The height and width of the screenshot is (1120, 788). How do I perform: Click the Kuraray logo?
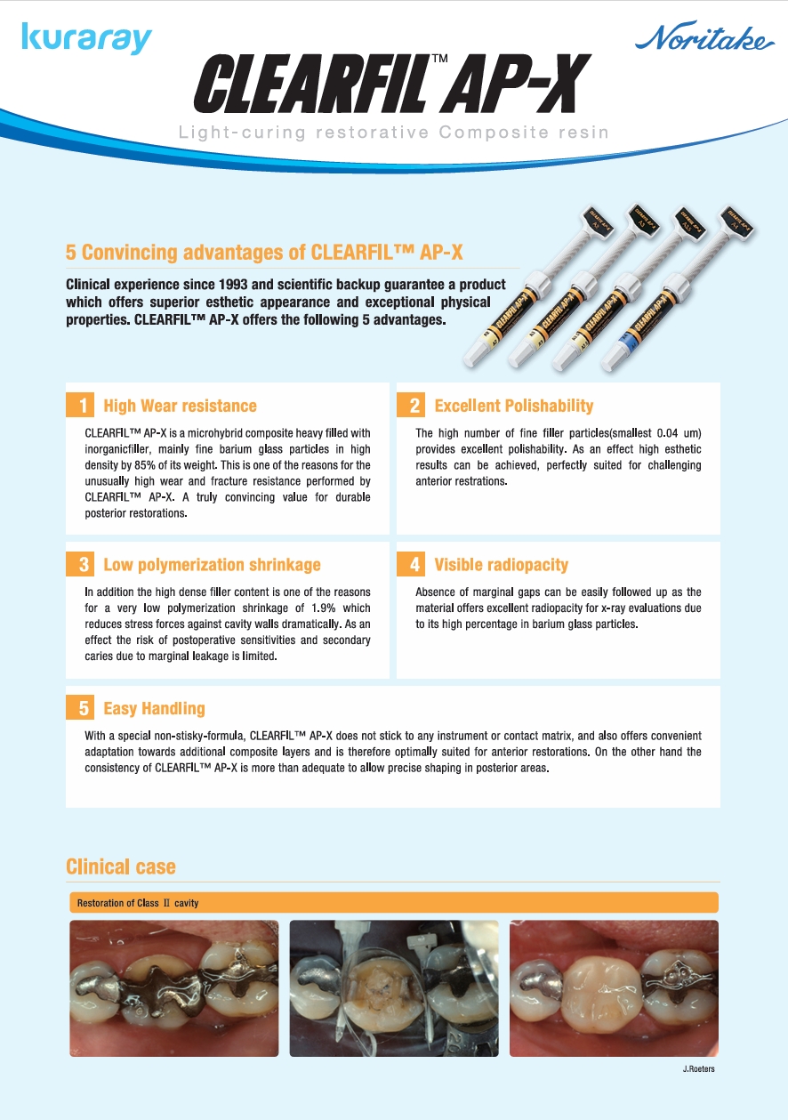86,38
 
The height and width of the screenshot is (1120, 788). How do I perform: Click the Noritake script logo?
704,36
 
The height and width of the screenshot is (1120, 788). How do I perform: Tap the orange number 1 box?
80,405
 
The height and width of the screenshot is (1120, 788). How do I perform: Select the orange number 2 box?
411,405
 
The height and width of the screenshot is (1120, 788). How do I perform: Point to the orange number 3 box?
80,564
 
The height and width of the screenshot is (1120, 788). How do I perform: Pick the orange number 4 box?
411,564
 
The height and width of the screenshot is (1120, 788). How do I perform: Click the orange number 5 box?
80,707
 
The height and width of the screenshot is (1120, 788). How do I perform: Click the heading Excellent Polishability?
513,406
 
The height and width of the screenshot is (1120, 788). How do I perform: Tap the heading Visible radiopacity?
501,565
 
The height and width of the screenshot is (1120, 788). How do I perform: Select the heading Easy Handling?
154,708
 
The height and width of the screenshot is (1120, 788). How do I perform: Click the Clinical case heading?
120,866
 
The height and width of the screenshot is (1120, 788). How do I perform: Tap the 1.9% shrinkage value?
323,608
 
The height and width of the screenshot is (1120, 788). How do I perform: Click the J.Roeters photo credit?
698,1068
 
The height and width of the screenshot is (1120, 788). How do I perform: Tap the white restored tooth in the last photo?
602,990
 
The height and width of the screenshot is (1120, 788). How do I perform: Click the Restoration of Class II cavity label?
138,903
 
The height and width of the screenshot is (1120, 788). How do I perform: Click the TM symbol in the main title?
439,59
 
